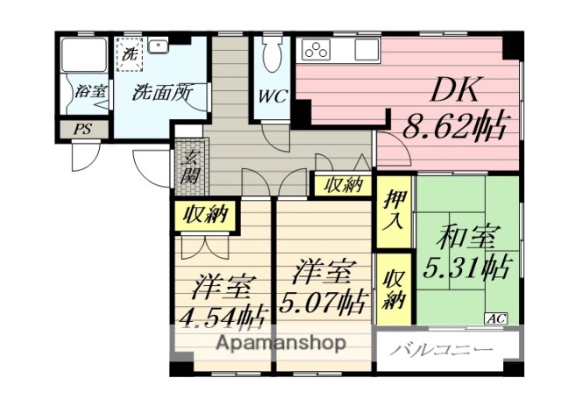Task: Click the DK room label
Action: (x=451, y=91)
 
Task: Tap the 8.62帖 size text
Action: (x=453, y=128)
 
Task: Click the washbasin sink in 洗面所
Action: (x=160, y=46)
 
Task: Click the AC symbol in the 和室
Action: (x=494, y=317)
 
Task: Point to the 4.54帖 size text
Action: (x=224, y=313)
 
